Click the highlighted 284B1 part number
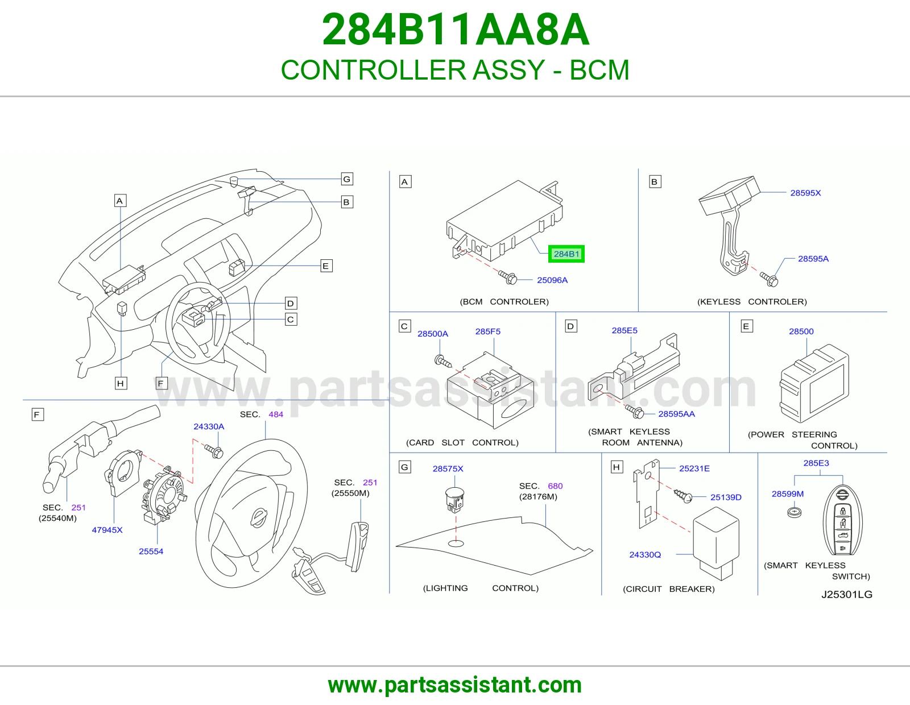[566, 254]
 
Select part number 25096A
[552, 280]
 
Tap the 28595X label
[805, 193]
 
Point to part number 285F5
[488, 331]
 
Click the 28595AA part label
[676, 414]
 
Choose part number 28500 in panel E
[801, 331]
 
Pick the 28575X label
[448, 468]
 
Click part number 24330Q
[645, 555]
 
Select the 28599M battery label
[787, 494]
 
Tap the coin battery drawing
[795, 512]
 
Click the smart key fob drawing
[842, 521]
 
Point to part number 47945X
[107, 530]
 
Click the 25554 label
[151, 551]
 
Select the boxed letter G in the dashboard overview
[347, 179]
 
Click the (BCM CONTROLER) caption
[504, 302]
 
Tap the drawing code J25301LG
[846, 595]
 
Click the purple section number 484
[275, 414]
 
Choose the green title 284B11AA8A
[456, 30]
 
